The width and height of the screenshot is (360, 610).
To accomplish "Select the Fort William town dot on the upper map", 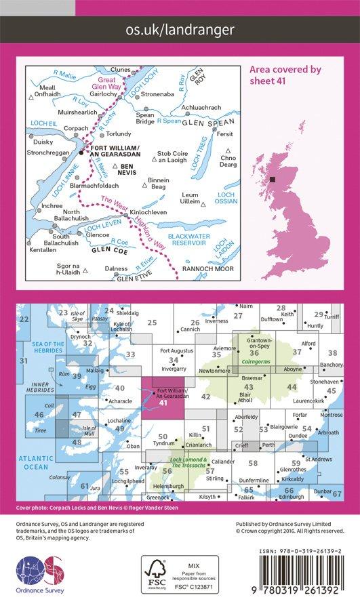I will (x=81, y=152).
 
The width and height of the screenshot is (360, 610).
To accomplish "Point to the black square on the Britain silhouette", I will (x=272, y=180).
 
